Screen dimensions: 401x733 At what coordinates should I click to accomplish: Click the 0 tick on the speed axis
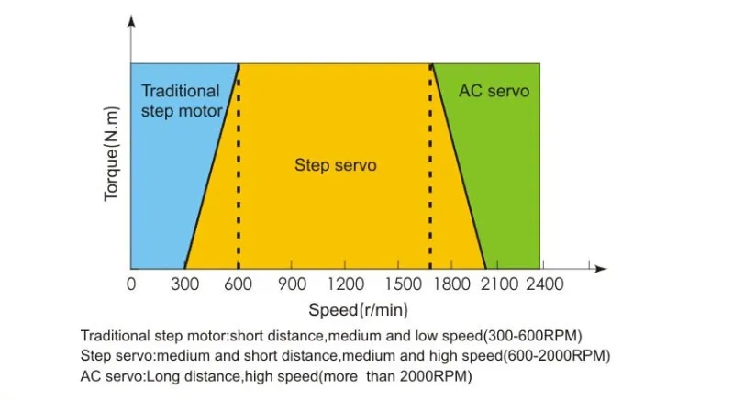tap(131, 284)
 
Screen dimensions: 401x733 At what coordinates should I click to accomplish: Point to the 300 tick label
tap(185, 284)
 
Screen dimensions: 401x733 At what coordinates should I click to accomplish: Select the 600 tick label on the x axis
tap(239, 284)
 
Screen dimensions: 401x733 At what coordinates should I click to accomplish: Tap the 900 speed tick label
tap(292, 284)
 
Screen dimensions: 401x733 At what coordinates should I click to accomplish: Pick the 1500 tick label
tap(406, 284)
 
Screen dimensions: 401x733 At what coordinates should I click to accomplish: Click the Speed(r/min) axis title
tap(359, 309)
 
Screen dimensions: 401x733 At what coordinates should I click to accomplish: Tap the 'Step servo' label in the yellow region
tap(336, 166)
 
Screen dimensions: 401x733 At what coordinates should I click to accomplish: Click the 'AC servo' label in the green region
tap(494, 92)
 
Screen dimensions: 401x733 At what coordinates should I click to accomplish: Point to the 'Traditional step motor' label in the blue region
tap(181, 101)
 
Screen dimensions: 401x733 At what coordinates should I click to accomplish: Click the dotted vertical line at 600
tap(239, 174)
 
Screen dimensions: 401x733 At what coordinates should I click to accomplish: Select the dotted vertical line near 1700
tap(431, 174)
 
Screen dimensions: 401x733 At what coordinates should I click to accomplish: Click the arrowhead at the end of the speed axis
tap(602, 268)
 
